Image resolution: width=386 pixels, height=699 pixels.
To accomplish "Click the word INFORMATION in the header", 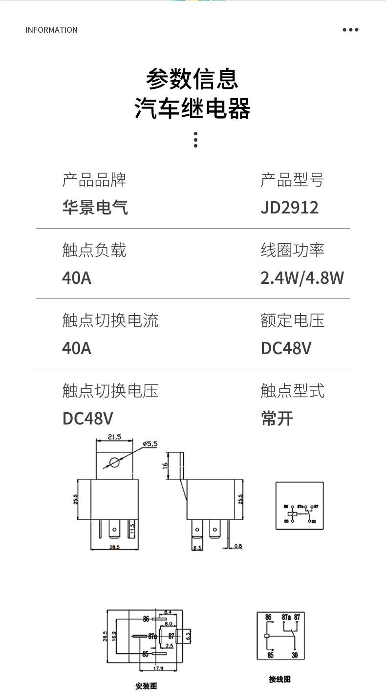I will point(51,30).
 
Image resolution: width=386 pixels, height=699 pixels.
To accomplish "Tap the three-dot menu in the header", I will point(350,30).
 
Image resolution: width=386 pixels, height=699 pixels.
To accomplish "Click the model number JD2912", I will point(289,207).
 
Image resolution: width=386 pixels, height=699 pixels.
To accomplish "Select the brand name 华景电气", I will point(95,207).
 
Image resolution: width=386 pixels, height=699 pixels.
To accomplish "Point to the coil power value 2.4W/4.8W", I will point(302,277).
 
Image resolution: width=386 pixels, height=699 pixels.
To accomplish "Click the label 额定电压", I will point(292,320).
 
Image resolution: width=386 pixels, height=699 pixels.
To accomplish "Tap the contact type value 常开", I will point(277,418).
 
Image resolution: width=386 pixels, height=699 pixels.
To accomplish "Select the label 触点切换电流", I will point(110,320).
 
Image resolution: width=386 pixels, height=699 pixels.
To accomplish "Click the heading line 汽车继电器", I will point(193,108).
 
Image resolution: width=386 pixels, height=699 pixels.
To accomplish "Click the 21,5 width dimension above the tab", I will point(114,437).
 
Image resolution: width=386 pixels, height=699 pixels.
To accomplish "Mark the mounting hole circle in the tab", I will point(114,462).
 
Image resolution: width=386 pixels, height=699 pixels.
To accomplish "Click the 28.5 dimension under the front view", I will point(114,547).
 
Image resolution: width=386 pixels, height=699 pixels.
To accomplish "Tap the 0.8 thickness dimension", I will point(237,546).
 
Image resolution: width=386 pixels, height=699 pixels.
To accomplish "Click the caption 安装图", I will point(146,686).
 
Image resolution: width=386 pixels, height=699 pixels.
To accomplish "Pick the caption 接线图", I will point(279,679).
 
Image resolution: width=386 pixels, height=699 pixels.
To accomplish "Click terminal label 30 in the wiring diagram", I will point(295,655).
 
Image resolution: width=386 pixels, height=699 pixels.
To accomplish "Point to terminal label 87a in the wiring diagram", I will point(286,617).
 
